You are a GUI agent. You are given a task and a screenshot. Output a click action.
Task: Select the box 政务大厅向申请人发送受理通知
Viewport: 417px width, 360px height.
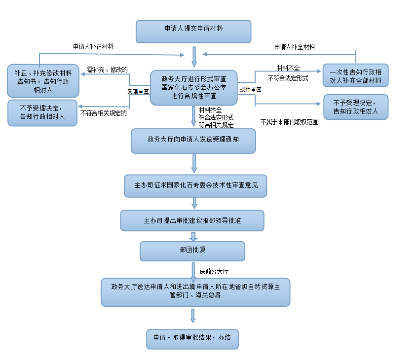(193, 141)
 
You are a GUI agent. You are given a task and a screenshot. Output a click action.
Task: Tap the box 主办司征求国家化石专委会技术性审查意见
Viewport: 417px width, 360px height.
(195, 186)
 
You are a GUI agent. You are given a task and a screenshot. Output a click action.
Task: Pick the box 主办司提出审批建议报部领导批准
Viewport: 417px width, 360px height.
(192, 220)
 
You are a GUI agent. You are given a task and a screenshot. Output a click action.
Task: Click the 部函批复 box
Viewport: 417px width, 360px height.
(192, 251)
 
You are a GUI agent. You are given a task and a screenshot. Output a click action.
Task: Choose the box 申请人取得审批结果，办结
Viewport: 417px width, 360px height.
(192, 338)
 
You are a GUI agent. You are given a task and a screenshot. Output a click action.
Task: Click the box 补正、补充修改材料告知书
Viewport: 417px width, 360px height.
(43, 80)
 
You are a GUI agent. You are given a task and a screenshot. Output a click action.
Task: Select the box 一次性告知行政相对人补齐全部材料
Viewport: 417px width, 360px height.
(355, 76)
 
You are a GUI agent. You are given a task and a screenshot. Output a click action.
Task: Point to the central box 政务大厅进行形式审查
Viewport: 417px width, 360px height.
(194, 87)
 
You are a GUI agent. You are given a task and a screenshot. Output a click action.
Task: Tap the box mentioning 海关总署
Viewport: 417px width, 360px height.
(195, 291)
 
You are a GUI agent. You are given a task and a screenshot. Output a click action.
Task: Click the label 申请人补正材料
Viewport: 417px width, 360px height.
(94, 47)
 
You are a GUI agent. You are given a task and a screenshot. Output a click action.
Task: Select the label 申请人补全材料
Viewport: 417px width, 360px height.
(295, 47)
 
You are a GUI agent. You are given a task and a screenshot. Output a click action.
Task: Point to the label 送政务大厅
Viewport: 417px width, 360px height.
(214, 271)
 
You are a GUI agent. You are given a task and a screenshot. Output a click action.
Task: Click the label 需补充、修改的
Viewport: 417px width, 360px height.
(108, 70)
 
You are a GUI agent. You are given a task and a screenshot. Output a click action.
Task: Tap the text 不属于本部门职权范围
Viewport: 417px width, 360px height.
(289, 121)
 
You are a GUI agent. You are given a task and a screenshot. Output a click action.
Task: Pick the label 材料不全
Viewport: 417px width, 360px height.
(288, 68)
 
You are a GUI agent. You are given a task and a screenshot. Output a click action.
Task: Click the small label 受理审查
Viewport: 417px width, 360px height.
(138, 91)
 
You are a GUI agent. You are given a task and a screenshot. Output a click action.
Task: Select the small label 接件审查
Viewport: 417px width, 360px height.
(251, 90)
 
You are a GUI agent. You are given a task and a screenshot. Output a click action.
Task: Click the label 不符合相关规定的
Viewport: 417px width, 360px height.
(104, 113)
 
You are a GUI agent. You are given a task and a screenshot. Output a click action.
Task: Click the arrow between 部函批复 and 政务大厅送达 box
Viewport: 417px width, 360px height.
(193, 269)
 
